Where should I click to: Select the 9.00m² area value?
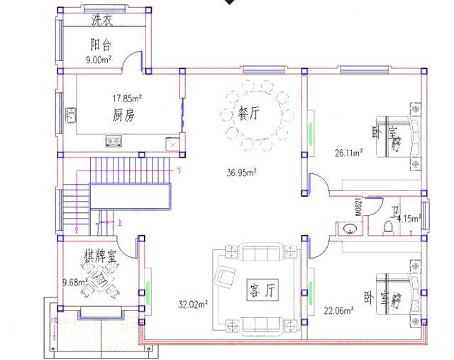99,60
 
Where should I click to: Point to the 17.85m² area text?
126,97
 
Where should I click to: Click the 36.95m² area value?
242,172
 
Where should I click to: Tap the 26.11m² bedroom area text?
349,152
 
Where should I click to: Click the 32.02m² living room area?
192,305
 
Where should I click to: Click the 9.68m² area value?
74,282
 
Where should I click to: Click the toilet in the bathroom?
387,227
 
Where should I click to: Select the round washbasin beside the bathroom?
348,229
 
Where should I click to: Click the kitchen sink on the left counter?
70,114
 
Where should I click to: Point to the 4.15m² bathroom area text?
409,218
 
